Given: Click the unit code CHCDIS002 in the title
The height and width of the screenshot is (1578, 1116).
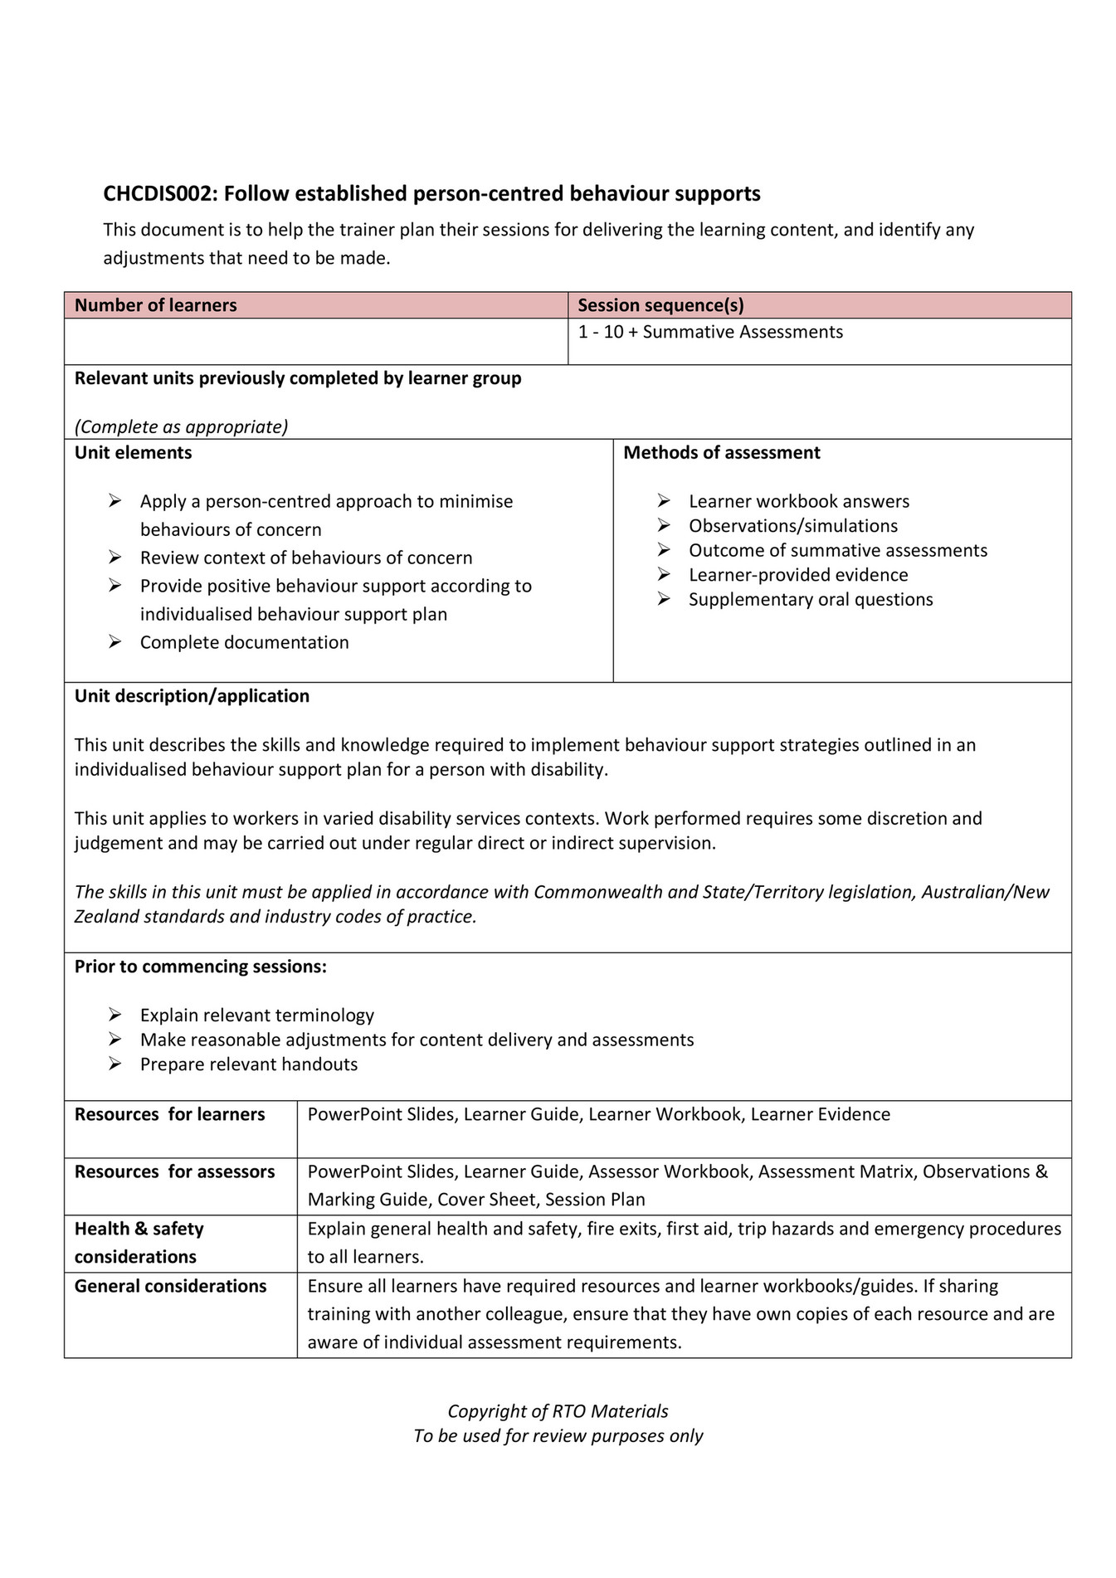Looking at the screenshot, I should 159,194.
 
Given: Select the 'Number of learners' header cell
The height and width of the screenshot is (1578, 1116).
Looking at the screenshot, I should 155,305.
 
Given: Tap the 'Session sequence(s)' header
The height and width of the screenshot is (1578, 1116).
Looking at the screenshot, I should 660,305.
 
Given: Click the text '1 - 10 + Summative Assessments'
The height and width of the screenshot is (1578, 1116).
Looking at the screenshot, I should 710,332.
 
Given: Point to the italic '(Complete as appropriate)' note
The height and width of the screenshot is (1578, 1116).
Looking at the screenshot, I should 181,426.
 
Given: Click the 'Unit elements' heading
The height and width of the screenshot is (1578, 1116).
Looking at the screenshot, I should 133,453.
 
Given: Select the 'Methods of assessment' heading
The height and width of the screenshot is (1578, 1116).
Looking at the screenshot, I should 721,453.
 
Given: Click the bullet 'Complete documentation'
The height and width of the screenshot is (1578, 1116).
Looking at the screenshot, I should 244,642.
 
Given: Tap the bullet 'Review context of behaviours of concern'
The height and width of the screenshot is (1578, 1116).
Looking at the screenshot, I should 305,558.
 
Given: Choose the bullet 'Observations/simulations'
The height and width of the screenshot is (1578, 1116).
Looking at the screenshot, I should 792,526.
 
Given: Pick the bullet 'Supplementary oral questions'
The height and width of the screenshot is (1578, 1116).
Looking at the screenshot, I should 810,600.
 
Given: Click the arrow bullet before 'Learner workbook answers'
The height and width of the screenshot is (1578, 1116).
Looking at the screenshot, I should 664,501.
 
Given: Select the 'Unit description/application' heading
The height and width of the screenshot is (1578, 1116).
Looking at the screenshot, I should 192,696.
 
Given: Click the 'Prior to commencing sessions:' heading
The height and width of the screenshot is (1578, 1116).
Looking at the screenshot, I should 200,967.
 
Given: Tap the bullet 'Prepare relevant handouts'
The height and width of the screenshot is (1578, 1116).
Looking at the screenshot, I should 248,1064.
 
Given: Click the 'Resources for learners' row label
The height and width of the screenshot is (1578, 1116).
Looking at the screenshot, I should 169,1114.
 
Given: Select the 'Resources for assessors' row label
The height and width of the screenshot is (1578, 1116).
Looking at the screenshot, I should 174,1171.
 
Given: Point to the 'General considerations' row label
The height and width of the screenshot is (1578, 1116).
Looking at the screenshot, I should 170,1286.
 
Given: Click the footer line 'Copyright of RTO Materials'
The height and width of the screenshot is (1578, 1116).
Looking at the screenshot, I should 558,1411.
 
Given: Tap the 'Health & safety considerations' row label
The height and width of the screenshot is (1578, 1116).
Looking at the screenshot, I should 139,1242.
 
